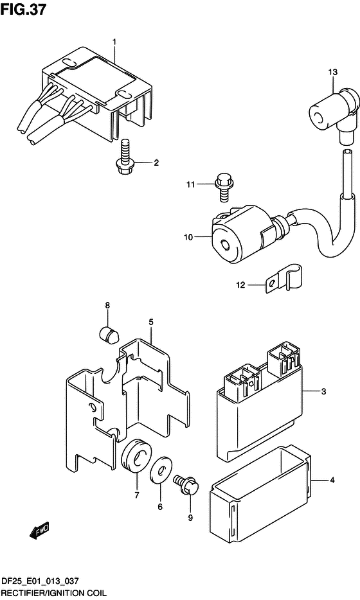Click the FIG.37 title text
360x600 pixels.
(23, 9)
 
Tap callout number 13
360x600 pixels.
(333, 72)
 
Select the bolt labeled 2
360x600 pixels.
(123, 157)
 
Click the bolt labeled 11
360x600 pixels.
(223, 187)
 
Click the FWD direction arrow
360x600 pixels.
(39, 531)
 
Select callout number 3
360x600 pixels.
(323, 391)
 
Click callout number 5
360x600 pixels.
(151, 322)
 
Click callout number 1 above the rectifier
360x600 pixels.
(114, 41)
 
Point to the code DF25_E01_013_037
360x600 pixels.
(40, 581)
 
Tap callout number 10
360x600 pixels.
(188, 237)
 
